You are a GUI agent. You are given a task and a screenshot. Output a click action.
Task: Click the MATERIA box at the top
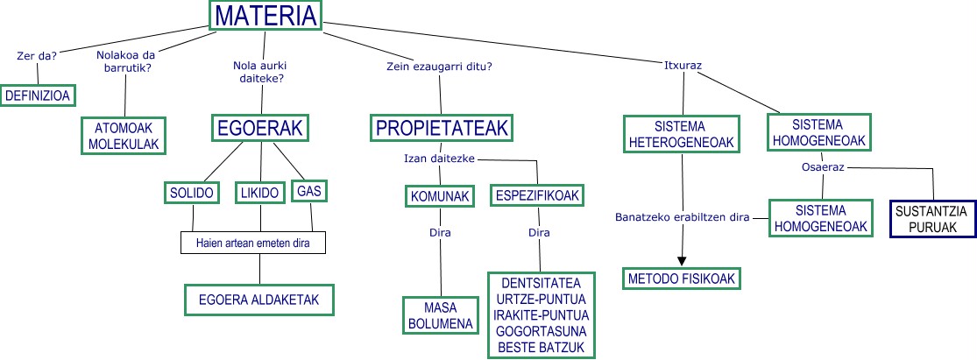tap(265, 17)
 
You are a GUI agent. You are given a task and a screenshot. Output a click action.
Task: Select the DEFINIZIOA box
tap(38, 95)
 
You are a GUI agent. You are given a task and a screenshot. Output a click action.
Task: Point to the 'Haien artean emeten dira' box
tap(251, 242)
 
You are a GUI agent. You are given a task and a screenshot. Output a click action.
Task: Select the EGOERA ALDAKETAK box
tap(259, 299)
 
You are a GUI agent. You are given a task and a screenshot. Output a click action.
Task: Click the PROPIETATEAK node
tap(442, 129)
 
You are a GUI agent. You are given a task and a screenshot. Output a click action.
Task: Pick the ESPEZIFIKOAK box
tap(537, 196)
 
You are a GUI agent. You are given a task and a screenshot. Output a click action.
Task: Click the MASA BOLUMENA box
tap(440, 315)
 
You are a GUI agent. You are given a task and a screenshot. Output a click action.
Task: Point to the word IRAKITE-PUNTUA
tap(541, 314)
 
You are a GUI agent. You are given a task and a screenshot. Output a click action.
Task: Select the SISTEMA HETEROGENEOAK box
tap(681, 132)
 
